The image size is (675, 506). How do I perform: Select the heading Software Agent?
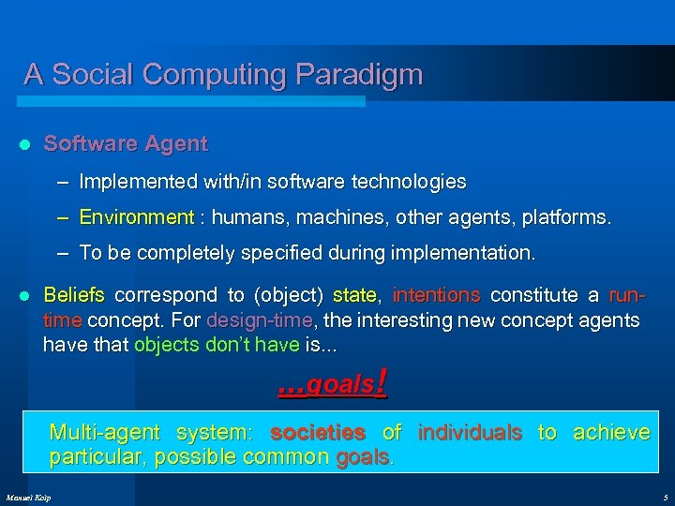pos(126,144)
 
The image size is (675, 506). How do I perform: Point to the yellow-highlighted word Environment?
pos(136,218)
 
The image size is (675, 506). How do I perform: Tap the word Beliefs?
pos(74,296)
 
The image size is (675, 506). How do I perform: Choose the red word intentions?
pos(436,296)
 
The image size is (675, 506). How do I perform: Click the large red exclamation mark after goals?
pos(381,382)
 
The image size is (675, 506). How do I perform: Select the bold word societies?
pos(317,432)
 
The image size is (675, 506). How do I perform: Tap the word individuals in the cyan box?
pos(469,432)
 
